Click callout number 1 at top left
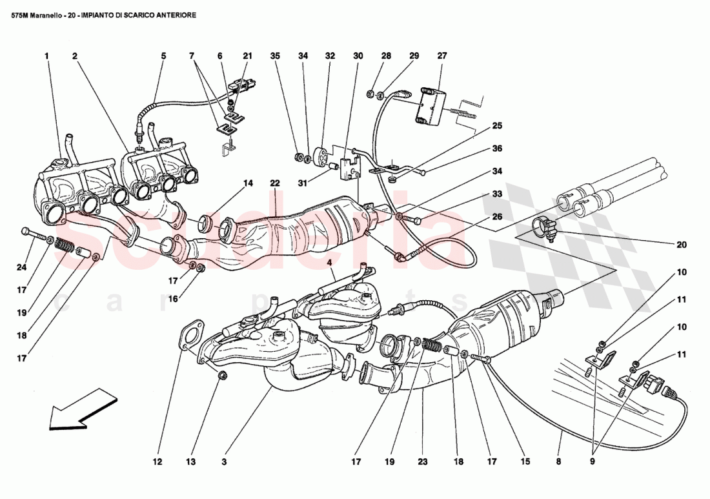point(47,56)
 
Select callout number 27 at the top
point(442,56)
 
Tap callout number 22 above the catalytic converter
point(275,184)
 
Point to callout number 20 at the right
point(682,245)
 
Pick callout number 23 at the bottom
point(423,462)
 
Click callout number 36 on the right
point(497,148)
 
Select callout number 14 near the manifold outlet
point(248,183)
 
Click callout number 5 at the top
point(163,56)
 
